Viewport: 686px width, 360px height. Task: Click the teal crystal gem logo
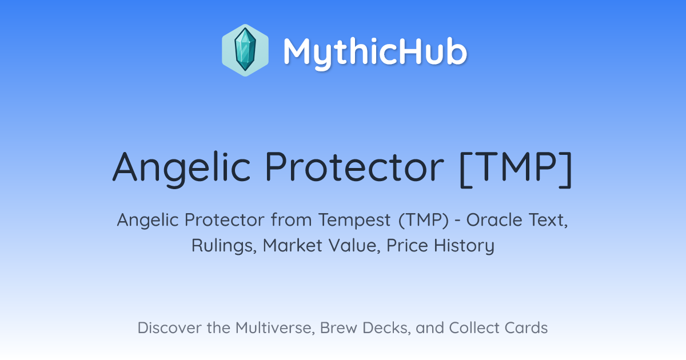[245, 50]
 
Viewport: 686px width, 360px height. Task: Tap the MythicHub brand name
[375, 52]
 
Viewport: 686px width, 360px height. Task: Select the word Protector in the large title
[354, 167]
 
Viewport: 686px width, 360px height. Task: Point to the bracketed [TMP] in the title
[516, 169]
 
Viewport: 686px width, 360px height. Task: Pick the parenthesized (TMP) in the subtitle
[424, 221]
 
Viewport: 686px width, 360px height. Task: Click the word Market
[293, 246]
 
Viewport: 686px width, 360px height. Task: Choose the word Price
[407, 246]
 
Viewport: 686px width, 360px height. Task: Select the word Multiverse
[275, 328]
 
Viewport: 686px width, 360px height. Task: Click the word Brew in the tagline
[338, 328]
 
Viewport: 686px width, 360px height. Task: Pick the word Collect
[474, 328]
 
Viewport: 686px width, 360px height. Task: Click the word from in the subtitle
[291, 220]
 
